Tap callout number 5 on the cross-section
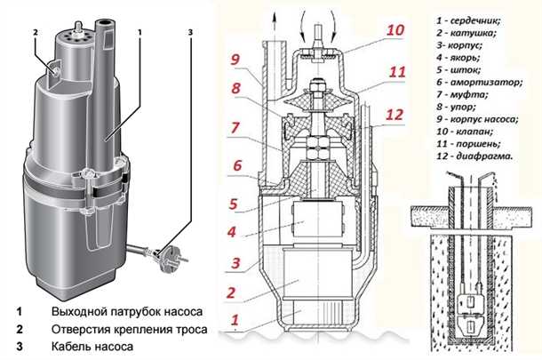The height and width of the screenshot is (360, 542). pyautogui.click(x=233, y=204)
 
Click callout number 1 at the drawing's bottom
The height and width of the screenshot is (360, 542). pyautogui.click(x=234, y=318)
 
